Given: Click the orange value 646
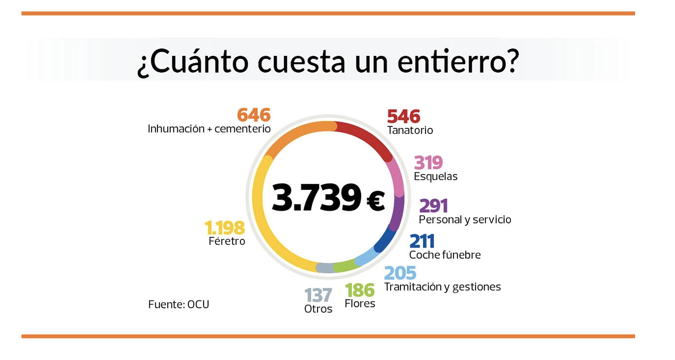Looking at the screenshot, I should pyautogui.click(x=254, y=115).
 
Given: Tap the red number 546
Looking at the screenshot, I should pyautogui.click(x=403, y=116).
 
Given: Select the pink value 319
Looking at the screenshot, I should pyautogui.click(x=428, y=163).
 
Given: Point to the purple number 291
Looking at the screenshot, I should pyautogui.click(x=433, y=206).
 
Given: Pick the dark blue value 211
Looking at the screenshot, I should pyautogui.click(x=422, y=241).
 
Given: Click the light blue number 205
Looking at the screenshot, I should pyautogui.click(x=400, y=273).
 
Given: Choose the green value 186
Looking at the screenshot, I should pyautogui.click(x=359, y=290).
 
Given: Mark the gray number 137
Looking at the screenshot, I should pyautogui.click(x=318, y=295).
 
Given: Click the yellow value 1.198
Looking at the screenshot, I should pyautogui.click(x=224, y=228).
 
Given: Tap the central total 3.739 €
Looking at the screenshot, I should pyautogui.click(x=328, y=197).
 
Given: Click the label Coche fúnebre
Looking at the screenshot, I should pyautogui.click(x=445, y=255).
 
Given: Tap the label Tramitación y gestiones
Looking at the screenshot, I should pyautogui.click(x=442, y=287).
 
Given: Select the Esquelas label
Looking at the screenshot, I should pyautogui.click(x=436, y=176).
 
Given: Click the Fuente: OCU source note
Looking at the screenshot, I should pyautogui.click(x=178, y=305).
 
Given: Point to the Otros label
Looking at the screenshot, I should pyautogui.click(x=318, y=309).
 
